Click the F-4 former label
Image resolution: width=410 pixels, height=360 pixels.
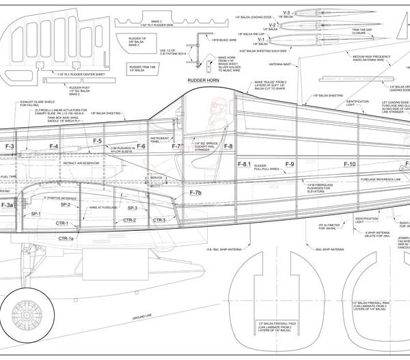(53, 146)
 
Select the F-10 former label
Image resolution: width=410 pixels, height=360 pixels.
(348, 165)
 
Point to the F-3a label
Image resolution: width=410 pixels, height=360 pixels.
(7, 205)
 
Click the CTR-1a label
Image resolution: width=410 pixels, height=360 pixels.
(66, 238)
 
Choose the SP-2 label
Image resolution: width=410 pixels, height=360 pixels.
(66, 204)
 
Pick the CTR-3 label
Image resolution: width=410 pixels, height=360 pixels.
(159, 220)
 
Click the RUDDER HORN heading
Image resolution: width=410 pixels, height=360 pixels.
(202, 79)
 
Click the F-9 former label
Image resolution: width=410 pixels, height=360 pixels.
(289, 165)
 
